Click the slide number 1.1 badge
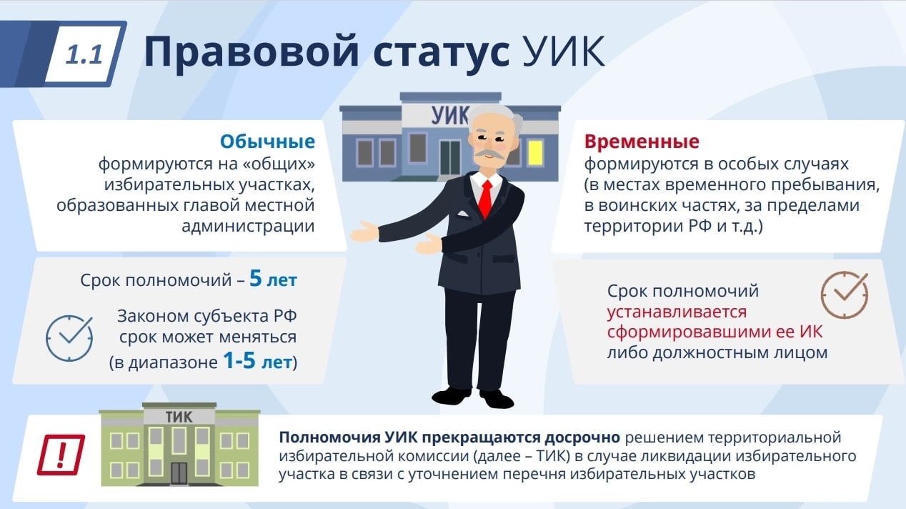[x=84, y=54]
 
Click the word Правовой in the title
[x=252, y=51]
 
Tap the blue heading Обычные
[x=267, y=142]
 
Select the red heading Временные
[x=642, y=142]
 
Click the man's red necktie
[x=486, y=199]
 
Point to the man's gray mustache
[x=489, y=155]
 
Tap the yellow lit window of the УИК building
[x=534, y=152]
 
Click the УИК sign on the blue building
[x=449, y=116]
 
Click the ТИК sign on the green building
[x=179, y=417]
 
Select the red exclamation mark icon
[x=61, y=455]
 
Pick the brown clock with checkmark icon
[x=845, y=295]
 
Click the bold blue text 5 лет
[x=274, y=280]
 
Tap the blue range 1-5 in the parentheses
[x=239, y=361]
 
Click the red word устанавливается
[x=677, y=312]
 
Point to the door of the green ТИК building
[x=179, y=474]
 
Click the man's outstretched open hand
[x=364, y=232]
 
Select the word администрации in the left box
[x=248, y=226]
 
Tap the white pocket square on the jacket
[x=462, y=214]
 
